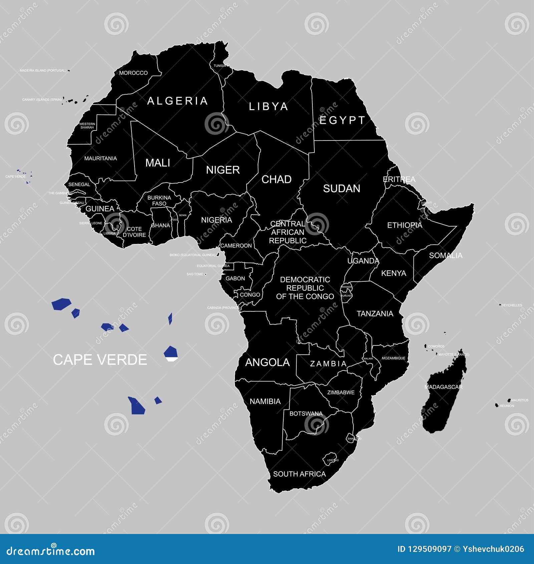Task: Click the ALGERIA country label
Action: point(178,101)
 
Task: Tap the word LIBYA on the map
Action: point(268,106)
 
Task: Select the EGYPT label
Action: point(342,120)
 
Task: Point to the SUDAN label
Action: point(341,189)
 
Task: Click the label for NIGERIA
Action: point(216,220)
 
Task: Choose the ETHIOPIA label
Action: point(405,225)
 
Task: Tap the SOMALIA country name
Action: point(446,256)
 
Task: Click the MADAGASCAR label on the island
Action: point(443,387)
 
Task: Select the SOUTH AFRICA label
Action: point(299,474)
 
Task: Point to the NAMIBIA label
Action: point(265,401)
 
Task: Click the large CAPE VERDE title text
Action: point(100,360)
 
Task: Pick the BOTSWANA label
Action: point(306,413)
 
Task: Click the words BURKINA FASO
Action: point(159,201)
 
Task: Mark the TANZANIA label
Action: point(375,314)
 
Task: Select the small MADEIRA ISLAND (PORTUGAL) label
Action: point(43,71)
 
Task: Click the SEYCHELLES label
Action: point(512,305)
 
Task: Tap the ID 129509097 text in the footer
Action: point(424,549)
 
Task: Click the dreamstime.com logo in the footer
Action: point(51,551)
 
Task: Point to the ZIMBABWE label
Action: point(341,392)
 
